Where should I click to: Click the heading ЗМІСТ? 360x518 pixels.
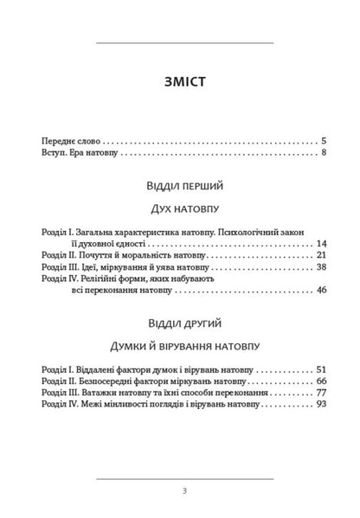coord(183,83)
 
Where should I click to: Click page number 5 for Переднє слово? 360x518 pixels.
coord(323,140)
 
